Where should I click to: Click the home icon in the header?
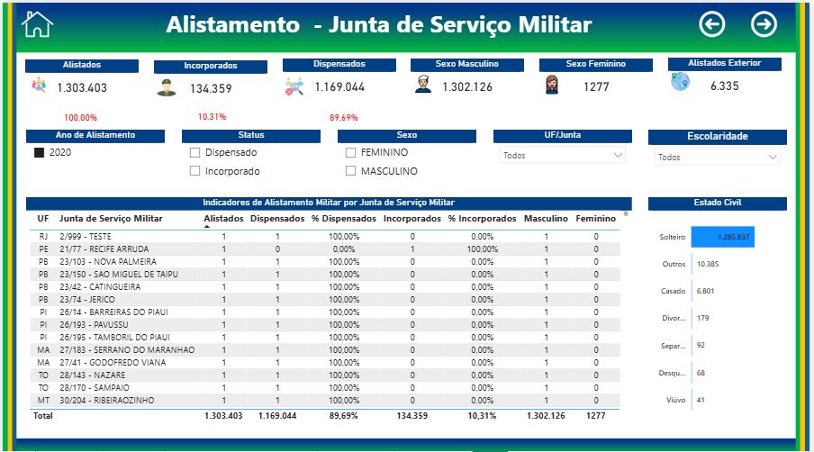coord(38,24)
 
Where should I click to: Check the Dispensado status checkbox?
coord(194,153)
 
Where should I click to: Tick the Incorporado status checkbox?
coord(194,171)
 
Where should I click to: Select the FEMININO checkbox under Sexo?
coord(351,153)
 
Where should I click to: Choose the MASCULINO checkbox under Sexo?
coord(351,171)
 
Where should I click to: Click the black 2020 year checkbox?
coord(39,153)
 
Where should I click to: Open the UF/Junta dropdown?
coord(562,156)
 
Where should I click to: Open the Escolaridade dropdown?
coord(717,157)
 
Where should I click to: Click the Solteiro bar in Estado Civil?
coord(723,238)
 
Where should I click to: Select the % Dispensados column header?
coord(343,219)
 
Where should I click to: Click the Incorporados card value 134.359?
coord(211,88)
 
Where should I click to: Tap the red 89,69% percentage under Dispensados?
coord(343,118)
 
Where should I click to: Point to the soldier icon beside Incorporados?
coord(165,88)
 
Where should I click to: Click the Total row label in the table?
coord(43,416)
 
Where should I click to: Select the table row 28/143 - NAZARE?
coord(89,375)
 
